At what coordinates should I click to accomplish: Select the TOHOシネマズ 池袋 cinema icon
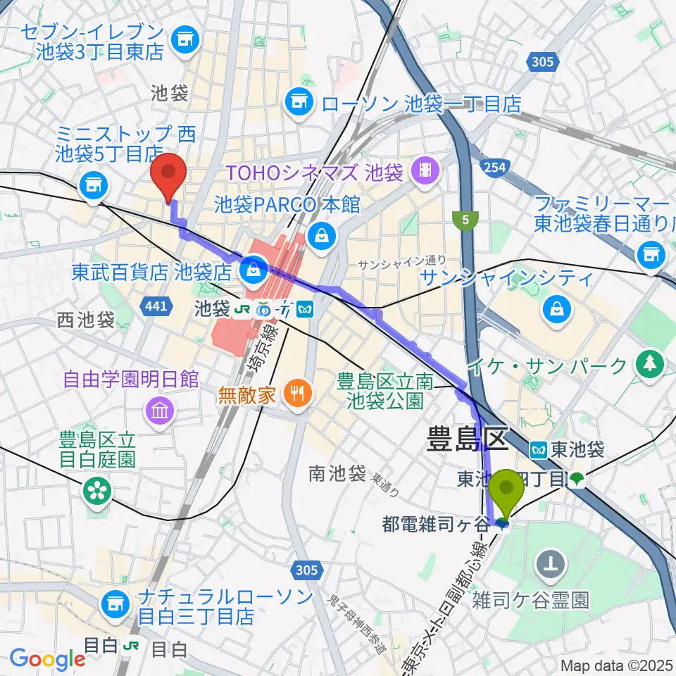(425, 169)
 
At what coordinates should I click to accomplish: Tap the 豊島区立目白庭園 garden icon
(98, 490)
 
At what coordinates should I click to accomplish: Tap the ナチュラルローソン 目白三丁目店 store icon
(113, 603)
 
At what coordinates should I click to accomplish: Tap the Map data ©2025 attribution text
(617, 665)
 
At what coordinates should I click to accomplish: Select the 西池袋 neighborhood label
(86, 320)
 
